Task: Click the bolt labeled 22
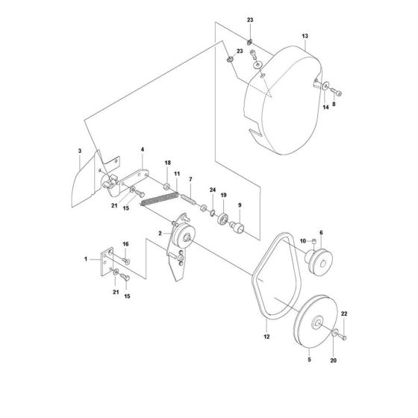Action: point(343,338)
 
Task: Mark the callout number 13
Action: point(305,36)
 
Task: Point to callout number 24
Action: point(212,190)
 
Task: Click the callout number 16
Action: point(125,245)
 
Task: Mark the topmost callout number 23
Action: point(250,19)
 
